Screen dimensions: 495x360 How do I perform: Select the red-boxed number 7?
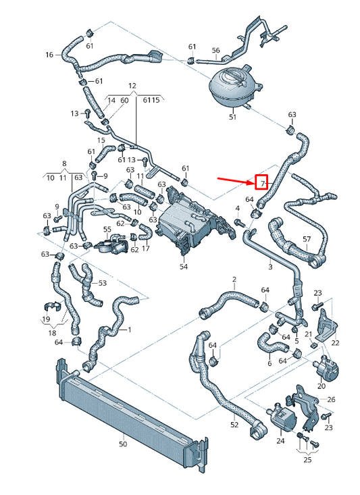(x=261, y=183)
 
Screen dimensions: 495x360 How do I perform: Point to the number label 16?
(x=49, y=55)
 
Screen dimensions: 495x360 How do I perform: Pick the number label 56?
(x=215, y=51)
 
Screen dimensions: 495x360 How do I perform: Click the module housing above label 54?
(x=187, y=223)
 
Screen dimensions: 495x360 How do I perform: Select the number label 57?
(x=307, y=239)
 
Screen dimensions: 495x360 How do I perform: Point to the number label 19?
(x=46, y=318)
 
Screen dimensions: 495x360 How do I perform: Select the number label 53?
(x=103, y=283)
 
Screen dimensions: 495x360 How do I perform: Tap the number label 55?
(x=106, y=230)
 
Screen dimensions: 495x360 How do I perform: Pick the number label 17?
(x=145, y=249)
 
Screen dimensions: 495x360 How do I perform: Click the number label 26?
(x=331, y=399)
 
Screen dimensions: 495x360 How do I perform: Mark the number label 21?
(x=308, y=334)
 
